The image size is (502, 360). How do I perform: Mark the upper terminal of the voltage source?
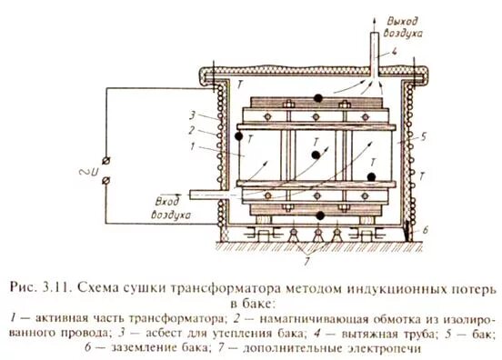[x=109, y=162]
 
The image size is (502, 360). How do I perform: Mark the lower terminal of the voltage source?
[x=109, y=183]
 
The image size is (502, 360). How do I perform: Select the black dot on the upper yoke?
[x=318, y=97]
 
